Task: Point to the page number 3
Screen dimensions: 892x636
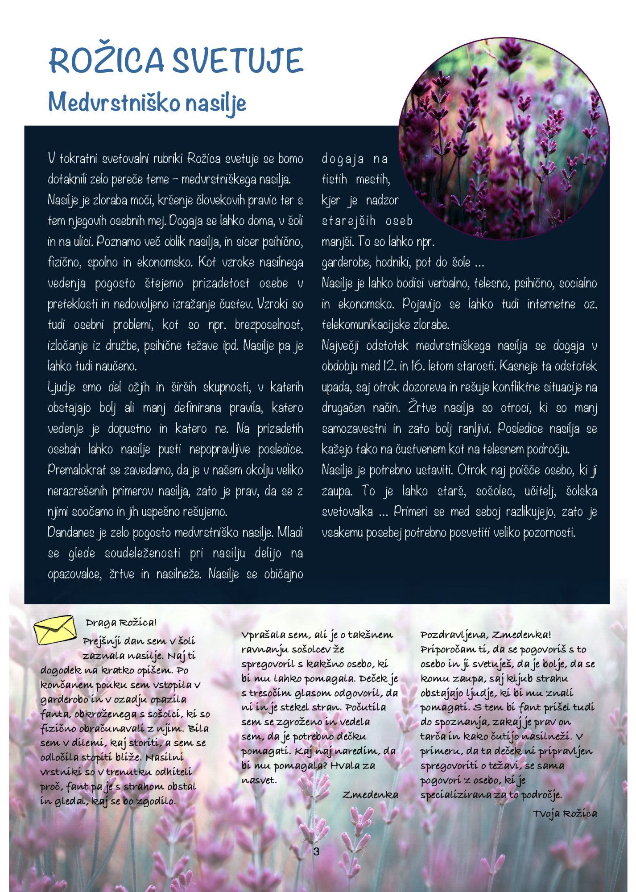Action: click(316, 851)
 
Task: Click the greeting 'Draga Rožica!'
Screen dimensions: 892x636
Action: click(121, 622)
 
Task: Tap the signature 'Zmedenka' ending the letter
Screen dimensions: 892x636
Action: click(370, 795)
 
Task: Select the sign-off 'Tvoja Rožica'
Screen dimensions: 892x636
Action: click(565, 814)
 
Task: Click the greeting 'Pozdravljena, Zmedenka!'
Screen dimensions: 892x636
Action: click(486, 635)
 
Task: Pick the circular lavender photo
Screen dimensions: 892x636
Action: click(504, 138)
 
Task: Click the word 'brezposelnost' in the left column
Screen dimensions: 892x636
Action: click(269, 325)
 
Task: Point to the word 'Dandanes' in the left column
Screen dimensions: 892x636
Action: click(71, 533)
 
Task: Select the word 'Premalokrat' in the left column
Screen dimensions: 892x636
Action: click(77, 470)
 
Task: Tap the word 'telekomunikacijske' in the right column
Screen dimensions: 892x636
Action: click(366, 325)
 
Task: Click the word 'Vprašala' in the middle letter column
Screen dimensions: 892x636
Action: click(263, 635)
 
